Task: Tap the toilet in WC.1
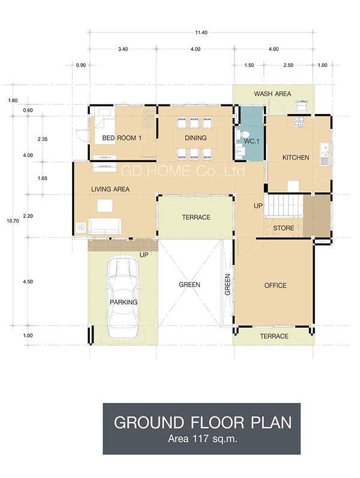click(x=244, y=134)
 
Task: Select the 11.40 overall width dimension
click(x=201, y=32)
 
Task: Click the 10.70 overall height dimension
click(x=13, y=221)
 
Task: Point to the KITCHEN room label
click(x=295, y=157)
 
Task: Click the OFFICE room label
click(x=275, y=286)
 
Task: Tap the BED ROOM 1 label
click(x=122, y=138)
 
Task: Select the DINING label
click(x=196, y=138)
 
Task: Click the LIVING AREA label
click(x=110, y=189)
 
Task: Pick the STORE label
click(x=283, y=228)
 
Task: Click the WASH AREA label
click(x=272, y=94)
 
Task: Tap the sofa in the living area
click(x=105, y=226)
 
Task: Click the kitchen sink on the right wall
click(x=325, y=154)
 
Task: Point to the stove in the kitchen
click(x=299, y=122)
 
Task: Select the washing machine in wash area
click(x=302, y=106)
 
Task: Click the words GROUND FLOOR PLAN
click(x=203, y=423)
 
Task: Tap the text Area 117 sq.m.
click(x=203, y=439)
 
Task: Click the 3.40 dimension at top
click(x=123, y=49)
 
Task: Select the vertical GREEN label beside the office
click(x=227, y=285)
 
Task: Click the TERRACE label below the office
click(x=274, y=336)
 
